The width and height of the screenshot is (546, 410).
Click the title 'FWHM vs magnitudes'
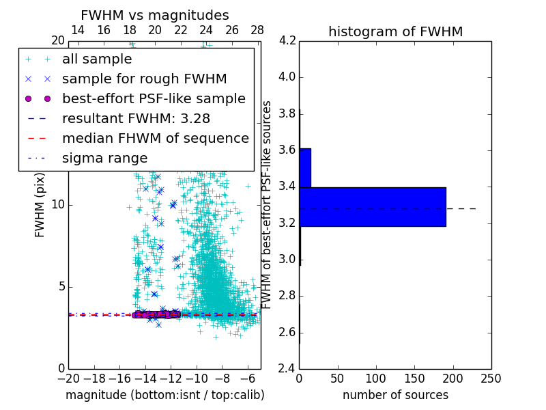[x=155, y=16]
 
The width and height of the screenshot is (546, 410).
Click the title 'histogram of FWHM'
[x=395, y=31]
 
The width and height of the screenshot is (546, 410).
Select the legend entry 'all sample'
[x=97, y=59]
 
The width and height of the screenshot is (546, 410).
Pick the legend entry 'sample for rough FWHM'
[x=144, y=79]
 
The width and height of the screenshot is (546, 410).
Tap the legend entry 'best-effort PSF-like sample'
[x=154, y=99]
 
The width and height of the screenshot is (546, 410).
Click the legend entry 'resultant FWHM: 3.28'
[x=130, y=119]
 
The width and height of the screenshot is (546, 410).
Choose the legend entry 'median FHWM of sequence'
[x=155, y=139]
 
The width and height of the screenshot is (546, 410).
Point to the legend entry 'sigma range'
[x=104, y=159]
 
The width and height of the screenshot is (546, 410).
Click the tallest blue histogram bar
[x=373, y=206]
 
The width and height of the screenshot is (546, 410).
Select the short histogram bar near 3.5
[x=305, y=167]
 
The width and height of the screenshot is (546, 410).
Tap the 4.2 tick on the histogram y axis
[x=287, y=40]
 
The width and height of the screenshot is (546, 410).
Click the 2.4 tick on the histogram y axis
[x=287, y=368]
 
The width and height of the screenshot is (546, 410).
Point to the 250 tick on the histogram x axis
[x=491, y=379]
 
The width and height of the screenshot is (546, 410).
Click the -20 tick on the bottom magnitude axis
[x=68, y=379]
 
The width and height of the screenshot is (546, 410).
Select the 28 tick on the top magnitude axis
[x=257, y=31]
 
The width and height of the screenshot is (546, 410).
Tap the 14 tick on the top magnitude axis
[x=78, y=31]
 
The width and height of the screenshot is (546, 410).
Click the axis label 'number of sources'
[x=395, y=395]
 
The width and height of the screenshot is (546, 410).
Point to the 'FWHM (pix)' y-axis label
[x=40, y=205]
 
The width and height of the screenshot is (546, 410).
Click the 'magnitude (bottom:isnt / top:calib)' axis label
[x=164, y=395]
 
